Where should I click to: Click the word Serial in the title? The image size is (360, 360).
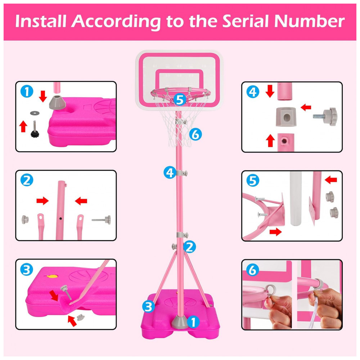(x=247, y=21)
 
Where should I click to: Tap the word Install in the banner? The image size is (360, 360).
(x=41, y=21)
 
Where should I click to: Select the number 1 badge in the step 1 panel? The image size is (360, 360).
(x=27, y=91)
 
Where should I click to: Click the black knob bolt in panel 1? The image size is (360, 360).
(x=35, y=129)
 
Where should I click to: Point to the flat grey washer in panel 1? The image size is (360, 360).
(x=35, y=113)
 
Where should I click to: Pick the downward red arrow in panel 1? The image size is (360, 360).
(x=43, y=96)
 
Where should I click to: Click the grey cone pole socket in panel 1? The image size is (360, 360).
(x=57, y=102)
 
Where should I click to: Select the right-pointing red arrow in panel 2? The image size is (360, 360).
(x=42, y=201)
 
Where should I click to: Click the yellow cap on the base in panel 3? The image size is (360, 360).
(x=53, y=276)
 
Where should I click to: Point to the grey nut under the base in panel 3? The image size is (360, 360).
(x=80, y=318)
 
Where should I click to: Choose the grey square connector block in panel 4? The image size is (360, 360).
(x=286, y=117)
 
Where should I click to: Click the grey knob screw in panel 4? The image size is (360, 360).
(x=325, y=116)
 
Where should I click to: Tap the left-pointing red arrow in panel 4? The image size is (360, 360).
(x=306, y=107)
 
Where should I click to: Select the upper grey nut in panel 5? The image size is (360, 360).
(x=329, y=197)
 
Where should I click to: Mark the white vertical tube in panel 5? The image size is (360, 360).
(x=296, y=199)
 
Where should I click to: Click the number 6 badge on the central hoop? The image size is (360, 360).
(x=195, y=134)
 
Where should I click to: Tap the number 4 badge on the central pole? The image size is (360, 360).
(x=170, y=172)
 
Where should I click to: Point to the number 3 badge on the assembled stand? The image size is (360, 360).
(x=149, y=306)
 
